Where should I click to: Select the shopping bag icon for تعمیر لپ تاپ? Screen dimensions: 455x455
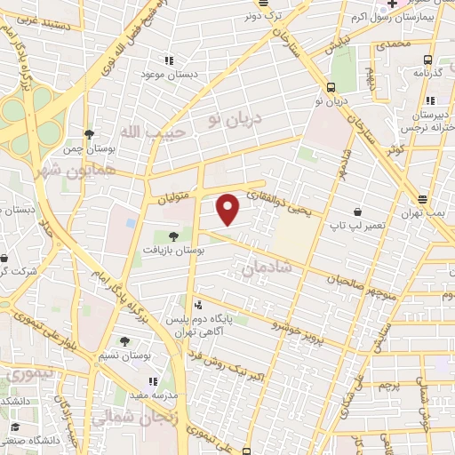[357, 212]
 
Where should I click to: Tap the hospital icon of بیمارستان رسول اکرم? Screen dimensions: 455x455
[391, 4]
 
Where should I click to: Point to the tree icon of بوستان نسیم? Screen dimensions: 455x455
[124, 340]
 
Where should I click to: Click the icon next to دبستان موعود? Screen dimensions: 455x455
[167, 61]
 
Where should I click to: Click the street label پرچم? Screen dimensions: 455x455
[386, 388]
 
